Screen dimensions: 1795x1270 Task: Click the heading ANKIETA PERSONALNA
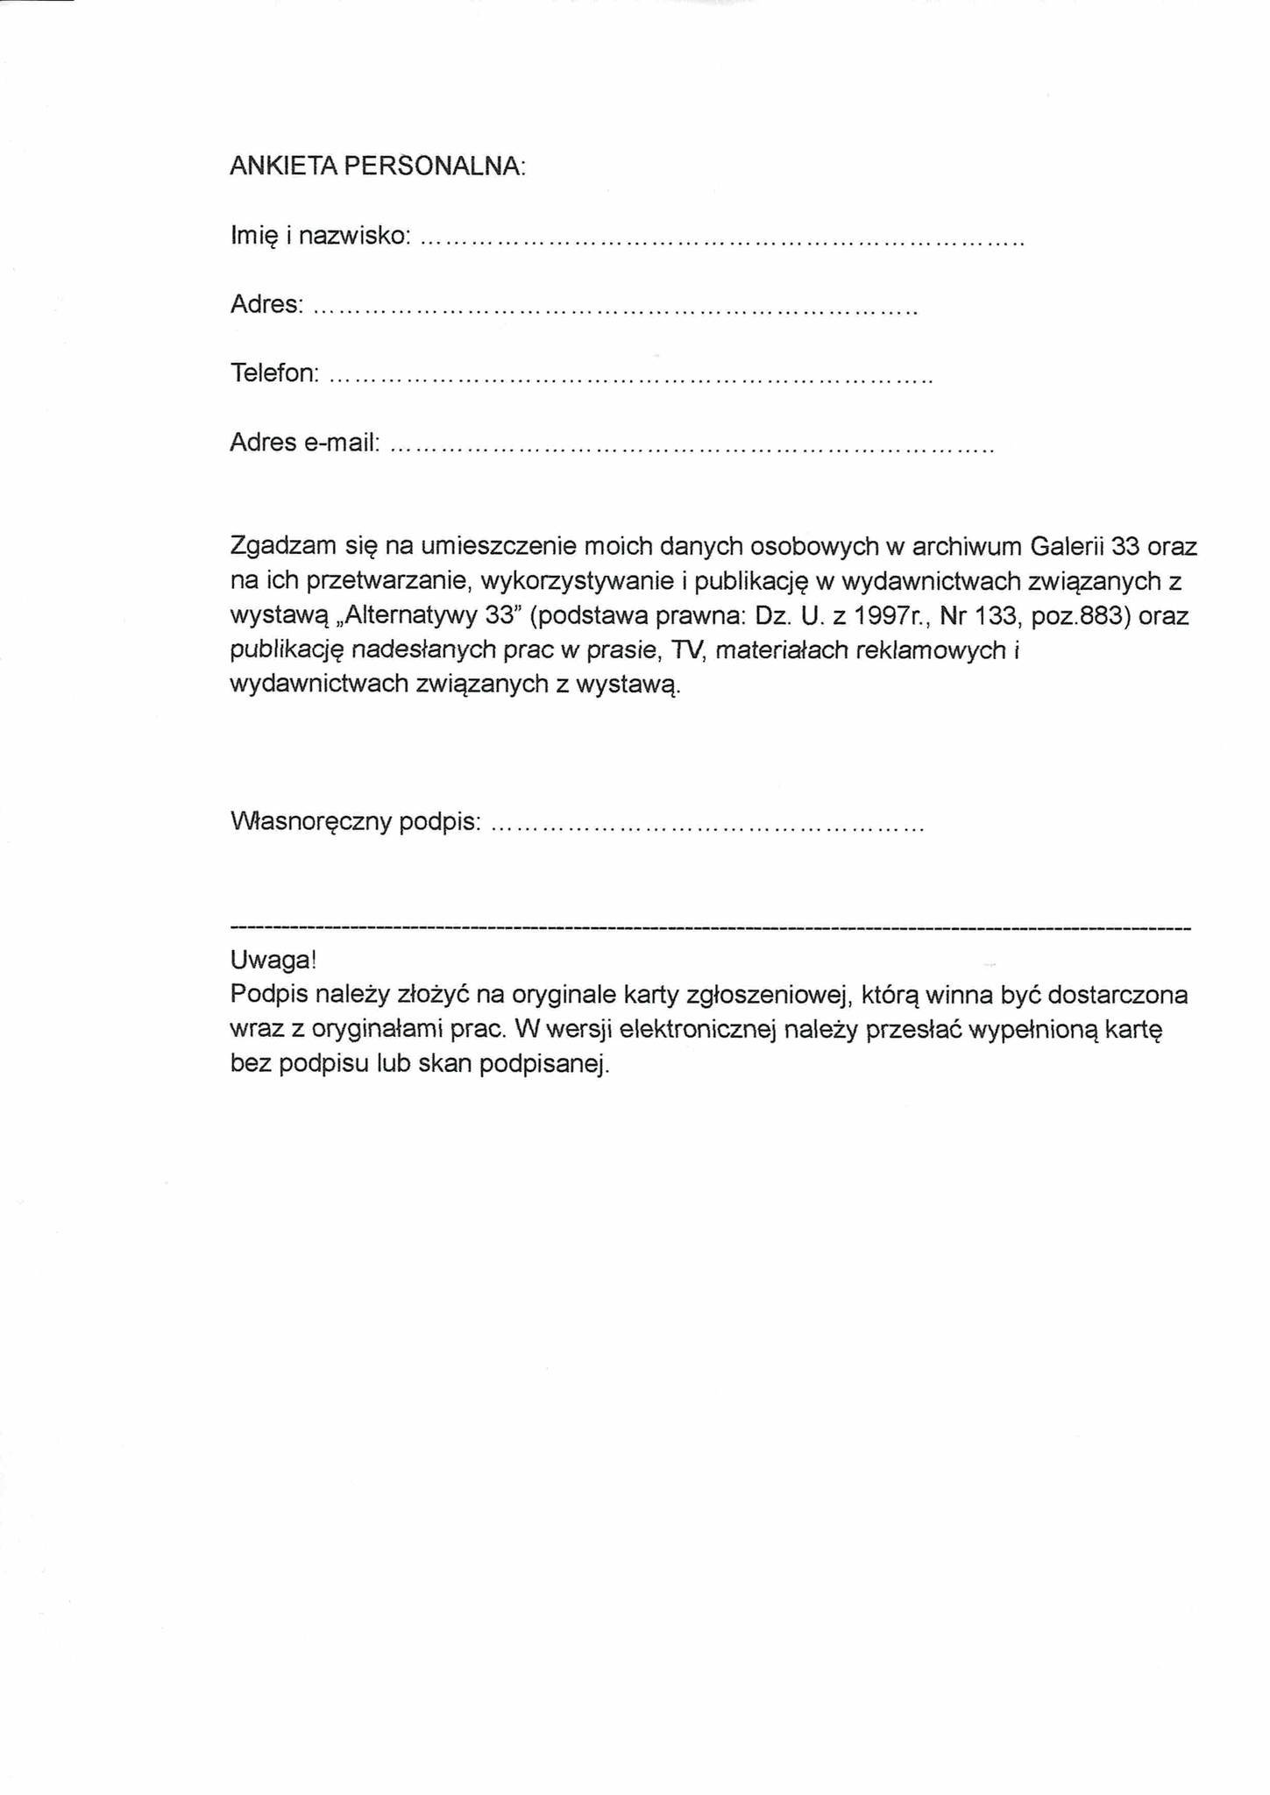[x=377, y=167]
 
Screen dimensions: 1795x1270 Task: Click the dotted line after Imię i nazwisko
[x=722, y=238]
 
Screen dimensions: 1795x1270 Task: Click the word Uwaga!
[x=273, y=960]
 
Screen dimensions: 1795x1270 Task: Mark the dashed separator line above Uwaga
[x=710, y=927]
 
